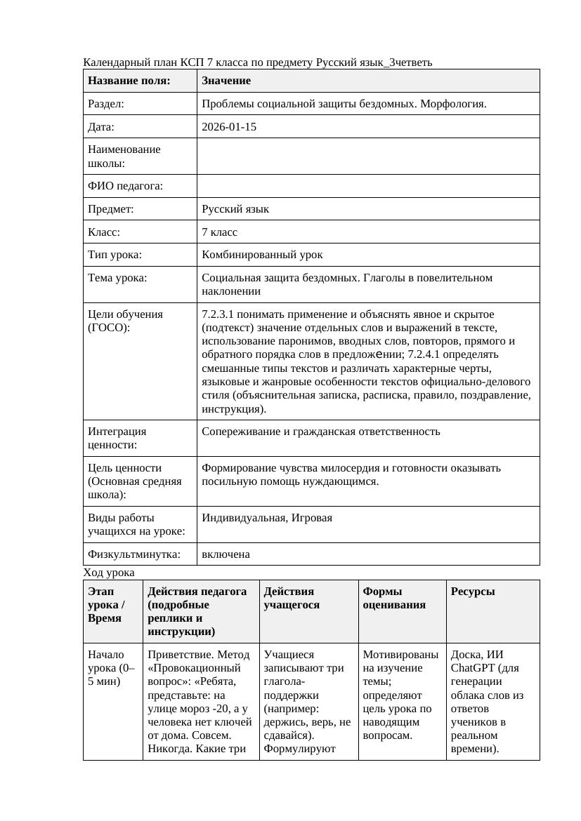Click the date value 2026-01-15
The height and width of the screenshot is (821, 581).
pos(229,127)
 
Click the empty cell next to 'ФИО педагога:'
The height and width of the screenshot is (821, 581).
pos(368,186)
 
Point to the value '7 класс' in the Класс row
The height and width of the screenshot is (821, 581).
pos(220,232)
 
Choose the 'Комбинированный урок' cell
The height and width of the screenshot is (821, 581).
pos(262,255)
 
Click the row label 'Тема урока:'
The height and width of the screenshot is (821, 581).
pos(117,278)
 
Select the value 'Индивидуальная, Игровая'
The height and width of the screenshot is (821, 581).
pos(267,518)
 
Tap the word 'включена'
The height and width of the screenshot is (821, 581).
pos(226,554)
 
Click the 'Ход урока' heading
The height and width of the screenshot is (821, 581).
pos(109,573)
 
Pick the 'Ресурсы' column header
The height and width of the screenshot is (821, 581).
pos(473,592)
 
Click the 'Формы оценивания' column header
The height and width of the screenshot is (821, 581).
pos(394,598)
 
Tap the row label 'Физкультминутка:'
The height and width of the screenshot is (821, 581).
pos(133,554)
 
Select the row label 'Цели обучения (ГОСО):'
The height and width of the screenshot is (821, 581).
pos(125,321)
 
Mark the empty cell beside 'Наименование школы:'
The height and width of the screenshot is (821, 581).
pos(368,156)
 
